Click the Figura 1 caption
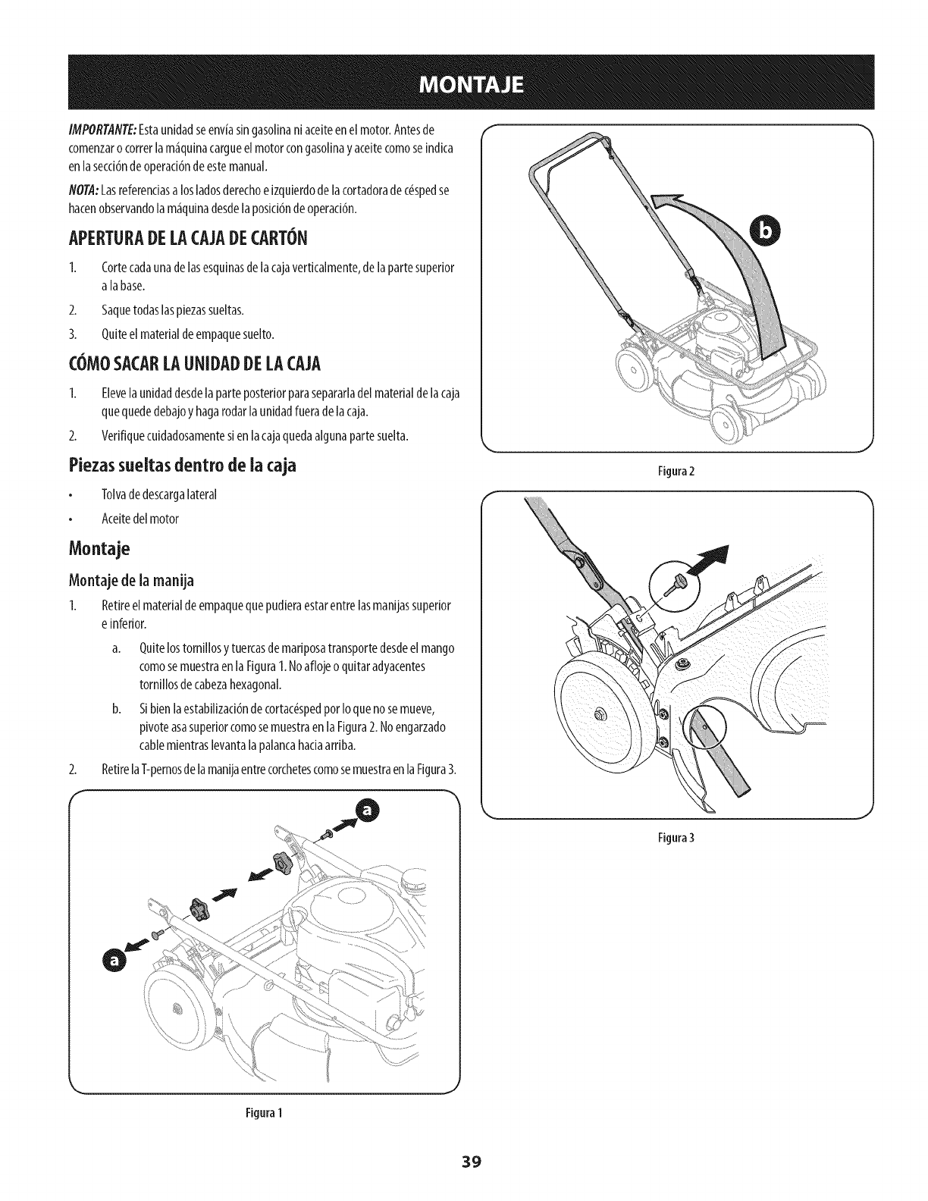[264, 1113]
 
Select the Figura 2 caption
[676, 471]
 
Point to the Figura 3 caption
[676, 839]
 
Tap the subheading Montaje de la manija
[131, 582]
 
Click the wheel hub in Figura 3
[600, 713]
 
